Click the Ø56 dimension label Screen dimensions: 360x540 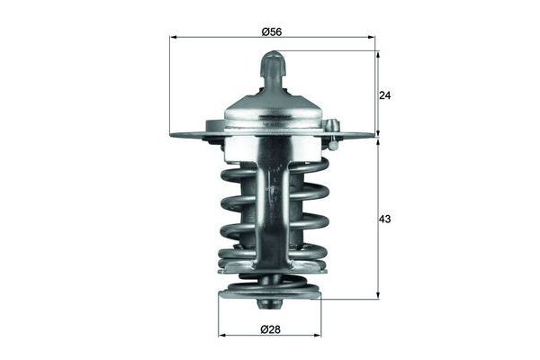coord(272,31)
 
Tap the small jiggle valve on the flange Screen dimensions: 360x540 coord(332,132)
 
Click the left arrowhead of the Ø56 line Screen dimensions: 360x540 coord(173,38)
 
